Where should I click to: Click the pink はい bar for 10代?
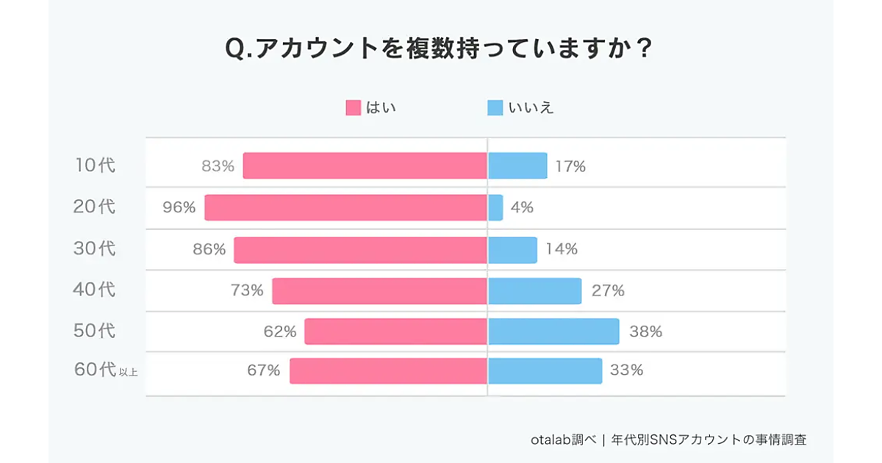pyautogui.click(x=365, y=165)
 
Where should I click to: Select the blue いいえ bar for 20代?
pyautogui.click(x=495, y=207)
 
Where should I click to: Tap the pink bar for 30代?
pyautogui.click(x=360, y=249)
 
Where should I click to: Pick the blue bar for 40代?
pyautogui.click(x=534, y=290)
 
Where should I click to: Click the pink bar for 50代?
pyautogui.click(x=395, y=331)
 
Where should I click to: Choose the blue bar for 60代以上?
pyautogui.click(x=545, y=370)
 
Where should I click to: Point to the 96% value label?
pyautogui.click(x=179, y=208)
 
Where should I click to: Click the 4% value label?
pyautogui.click(x=522, y=208)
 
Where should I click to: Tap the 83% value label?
pyautogui.click(x=218, y=166)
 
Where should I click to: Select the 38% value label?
pyautogui.click(x=645, y=331)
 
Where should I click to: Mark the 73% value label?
pyautogui.click(x=247, y=290)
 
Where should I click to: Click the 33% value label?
pyautogui.click(x=626, y=370)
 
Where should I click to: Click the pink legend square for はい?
pyautogui.click(x=354, y=108)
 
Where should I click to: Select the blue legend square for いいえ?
pyautogui.click(x=495, y=108)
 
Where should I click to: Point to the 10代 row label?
pyautogui.click(x=96, y=166)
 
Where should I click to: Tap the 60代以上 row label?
pyautogui.click(x=106, y=370)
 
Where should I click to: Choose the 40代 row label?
pyautogui.click(x=95, y=290)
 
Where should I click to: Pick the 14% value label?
pyautogui.click(x=562, y=249)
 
